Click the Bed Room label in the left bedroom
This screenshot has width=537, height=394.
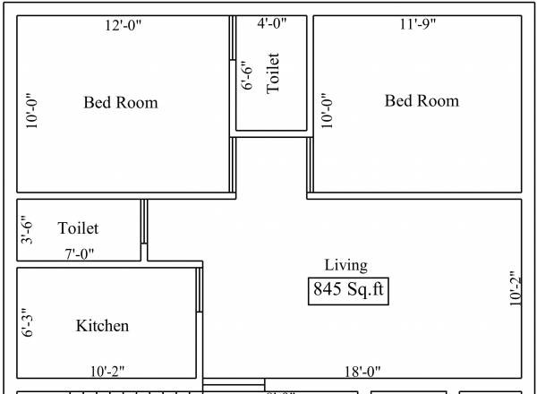[x=121, y=103]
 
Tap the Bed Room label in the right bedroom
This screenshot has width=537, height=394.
[x=422, y=100]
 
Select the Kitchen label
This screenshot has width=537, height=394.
[x=102, y=326]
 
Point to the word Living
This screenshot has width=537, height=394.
[x=345, y=264]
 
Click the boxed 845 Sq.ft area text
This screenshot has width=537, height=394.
[x=350, y=290]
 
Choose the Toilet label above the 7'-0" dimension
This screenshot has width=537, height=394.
[x=78, y=229]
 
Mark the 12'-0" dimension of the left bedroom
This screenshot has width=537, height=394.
[x=124, y=25]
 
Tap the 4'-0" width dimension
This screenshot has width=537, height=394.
[x=272, y=25]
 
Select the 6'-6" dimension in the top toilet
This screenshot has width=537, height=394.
[x=249, y=77]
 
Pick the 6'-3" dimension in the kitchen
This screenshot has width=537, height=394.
[x=28, y=321]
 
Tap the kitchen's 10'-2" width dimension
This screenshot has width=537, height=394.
[x=107, y=370]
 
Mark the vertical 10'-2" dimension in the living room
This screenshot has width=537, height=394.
[x=516, y=287]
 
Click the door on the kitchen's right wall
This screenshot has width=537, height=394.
[x=200, y=290]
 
